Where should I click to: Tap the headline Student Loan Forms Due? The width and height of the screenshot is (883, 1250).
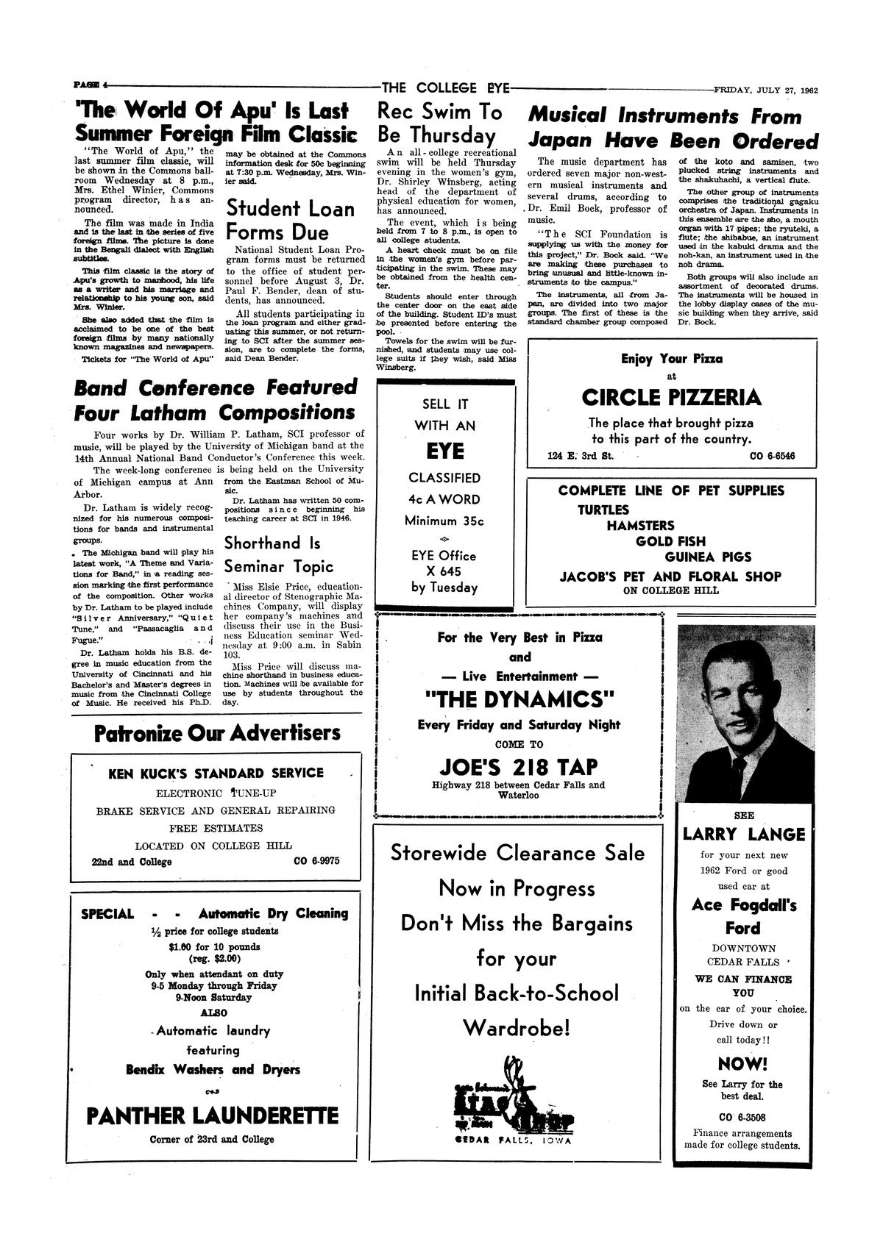(290, 220)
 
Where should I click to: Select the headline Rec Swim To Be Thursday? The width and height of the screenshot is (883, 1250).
(440, 124)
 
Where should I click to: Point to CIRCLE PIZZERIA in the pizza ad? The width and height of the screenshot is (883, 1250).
(671, 398)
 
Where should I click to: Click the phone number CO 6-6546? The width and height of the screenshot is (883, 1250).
(772, 457)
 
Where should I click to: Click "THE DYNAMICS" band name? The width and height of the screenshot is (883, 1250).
(519, 697)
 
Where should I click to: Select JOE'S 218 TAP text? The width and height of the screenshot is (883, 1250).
(519, 765)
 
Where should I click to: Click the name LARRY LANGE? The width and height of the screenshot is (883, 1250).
(743, 834)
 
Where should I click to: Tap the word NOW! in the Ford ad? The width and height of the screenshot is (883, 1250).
(742, 1064)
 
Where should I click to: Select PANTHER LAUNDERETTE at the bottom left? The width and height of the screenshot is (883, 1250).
(213, 1115)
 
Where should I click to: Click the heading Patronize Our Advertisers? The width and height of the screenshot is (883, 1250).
(218, 733)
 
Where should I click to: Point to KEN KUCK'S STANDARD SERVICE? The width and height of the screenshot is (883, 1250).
(216, 773)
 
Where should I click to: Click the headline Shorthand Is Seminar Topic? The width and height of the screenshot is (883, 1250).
(278, 554)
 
